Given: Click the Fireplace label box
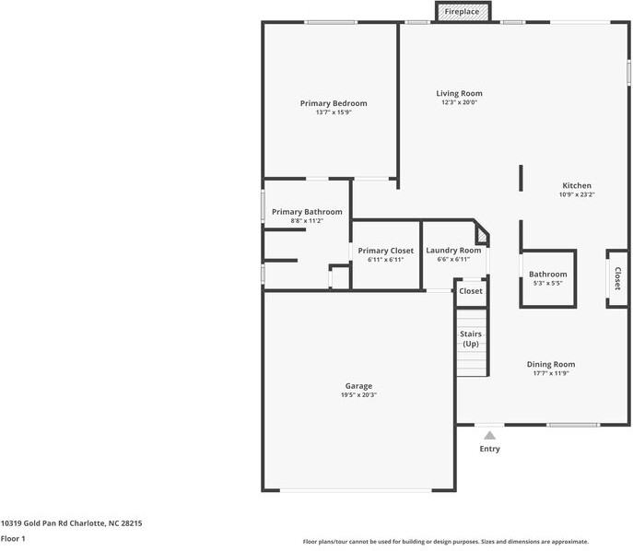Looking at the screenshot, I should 462,12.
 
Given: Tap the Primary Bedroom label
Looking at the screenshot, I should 334,103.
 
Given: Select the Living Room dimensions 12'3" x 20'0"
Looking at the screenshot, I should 459,102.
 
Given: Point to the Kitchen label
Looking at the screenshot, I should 577,185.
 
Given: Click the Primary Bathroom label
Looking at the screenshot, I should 307,212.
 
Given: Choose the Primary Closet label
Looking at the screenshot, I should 386,251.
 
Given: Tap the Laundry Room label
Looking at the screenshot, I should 453,251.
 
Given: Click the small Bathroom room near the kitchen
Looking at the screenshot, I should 548,278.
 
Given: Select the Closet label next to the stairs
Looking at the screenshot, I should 471,291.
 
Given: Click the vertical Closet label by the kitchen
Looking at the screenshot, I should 617,278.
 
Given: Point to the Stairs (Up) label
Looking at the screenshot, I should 471,338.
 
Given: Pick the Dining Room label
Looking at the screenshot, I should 551,364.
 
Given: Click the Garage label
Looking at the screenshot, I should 358,386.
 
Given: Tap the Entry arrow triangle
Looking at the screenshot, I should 490,435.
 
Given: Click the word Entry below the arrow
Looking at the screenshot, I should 490,449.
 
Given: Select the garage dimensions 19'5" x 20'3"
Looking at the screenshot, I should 358,395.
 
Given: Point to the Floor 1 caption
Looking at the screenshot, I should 13,538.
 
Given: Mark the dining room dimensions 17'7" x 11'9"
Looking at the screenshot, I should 551,373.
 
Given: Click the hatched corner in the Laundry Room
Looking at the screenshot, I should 481,239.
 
